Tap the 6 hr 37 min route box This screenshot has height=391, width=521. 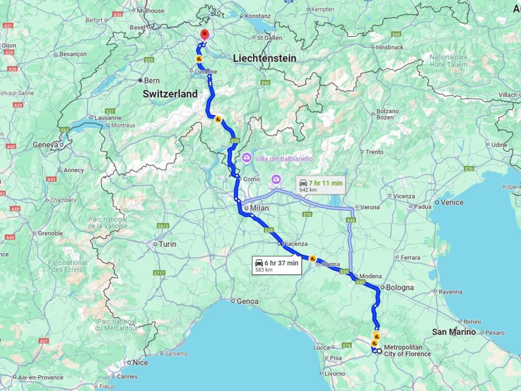(277, 266)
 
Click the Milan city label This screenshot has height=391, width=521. (259, 208)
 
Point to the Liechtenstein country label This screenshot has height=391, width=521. (265, 59)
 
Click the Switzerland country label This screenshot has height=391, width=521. (170, 94)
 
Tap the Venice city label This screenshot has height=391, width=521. (452, 202)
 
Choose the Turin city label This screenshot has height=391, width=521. (167, 244)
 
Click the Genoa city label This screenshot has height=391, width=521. (247, 301)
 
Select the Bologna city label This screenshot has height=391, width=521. (399, 288)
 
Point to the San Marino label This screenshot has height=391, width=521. (454, 332)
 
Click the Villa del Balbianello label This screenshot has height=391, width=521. (284, 158)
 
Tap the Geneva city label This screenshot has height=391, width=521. (46, 145)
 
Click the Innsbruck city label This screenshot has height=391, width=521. (389, 47)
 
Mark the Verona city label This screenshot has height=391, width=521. (370, 207)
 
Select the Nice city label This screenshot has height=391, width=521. (140, 363)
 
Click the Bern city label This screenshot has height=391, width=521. (152, 80)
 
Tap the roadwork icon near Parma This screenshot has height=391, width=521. (312, 259)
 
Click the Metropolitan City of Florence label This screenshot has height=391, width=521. (408, 351)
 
